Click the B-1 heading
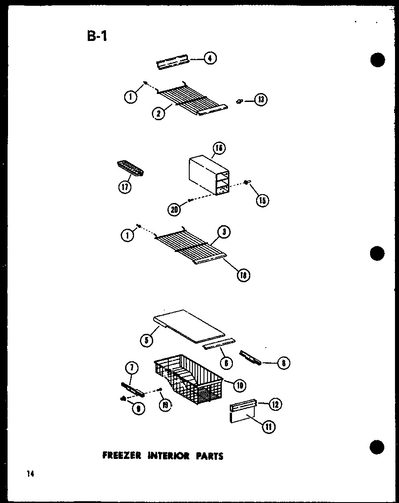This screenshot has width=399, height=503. [x=97, y=35]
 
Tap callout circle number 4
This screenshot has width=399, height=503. [x=210, y=58]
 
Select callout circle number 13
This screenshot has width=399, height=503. [x=261, y=100]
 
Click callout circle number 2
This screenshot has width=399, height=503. [x=158, y=114]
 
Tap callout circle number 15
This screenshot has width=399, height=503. [x=262, y=200]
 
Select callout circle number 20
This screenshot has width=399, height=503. [x=174, y=209]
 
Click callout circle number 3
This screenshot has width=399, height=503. [x=224, y=232]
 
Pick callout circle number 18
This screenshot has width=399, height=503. [x=244, y=275]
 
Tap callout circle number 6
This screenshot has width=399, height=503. [x=226, y=363]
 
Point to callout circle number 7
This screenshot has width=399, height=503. [x=134, y=368]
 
